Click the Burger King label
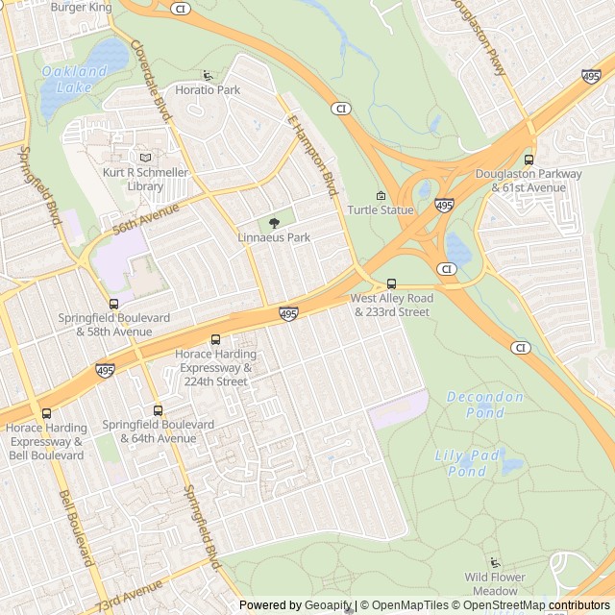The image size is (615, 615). point(82,7)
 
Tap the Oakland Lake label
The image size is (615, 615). point(74,78)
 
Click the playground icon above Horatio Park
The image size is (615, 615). point(208,76)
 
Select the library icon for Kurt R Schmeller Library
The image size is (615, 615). point(146,158)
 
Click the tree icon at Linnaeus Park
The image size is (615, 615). point(274,223)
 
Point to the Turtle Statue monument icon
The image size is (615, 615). point(381,196)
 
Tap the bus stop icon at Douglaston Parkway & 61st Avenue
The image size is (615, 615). point(529,160)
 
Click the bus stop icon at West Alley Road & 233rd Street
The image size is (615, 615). point(391,284)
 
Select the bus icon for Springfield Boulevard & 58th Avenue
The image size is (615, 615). point(114,304)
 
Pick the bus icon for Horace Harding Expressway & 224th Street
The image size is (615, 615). point(215,339)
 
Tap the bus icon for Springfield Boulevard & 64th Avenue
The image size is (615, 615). point(158,410)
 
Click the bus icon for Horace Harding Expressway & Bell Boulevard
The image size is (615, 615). point(46,413)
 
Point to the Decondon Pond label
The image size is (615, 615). point(485,405)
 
